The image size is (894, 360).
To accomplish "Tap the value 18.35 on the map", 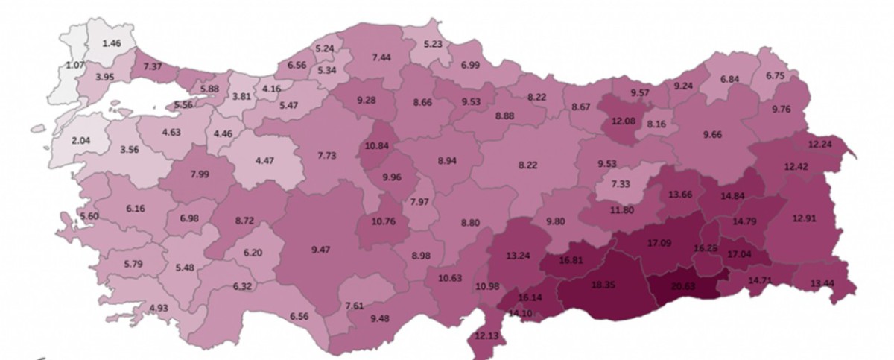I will point(603,285).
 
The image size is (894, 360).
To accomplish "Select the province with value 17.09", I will point(659,242).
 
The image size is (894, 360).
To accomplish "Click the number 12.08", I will point(618,121).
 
